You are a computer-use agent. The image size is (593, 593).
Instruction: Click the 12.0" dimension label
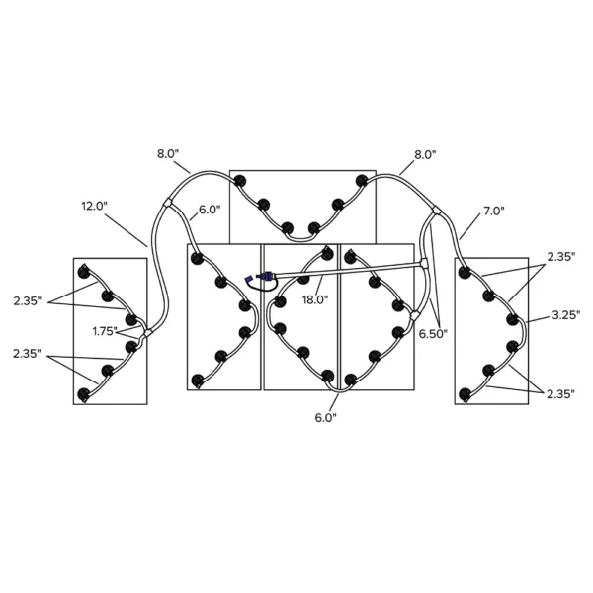(95, 207)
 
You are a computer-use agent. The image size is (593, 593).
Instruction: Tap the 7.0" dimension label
(494, 212)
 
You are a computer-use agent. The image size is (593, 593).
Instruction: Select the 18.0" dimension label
(315, 299)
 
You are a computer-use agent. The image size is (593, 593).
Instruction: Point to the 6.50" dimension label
(433, 334)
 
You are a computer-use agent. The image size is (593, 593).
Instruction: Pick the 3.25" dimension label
(565, 315)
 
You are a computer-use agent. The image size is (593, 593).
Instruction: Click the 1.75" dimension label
(105, 331)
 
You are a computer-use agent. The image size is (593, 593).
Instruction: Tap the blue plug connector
(264, 276)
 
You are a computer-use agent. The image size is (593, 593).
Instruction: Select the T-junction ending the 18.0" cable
(424, 263)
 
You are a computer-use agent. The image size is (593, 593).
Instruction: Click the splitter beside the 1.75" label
(146, 333)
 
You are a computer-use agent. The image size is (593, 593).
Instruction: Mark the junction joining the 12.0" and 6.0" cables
(168, 203)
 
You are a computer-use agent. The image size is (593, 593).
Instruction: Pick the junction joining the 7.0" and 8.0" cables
(437, 211)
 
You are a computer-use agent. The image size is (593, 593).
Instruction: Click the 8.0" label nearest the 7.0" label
(425, 155)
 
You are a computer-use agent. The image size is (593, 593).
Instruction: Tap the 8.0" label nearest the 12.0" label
(168, 154)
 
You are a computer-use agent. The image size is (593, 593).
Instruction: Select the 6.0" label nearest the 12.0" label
(210, 210)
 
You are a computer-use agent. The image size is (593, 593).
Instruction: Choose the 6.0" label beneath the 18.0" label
(325, 418)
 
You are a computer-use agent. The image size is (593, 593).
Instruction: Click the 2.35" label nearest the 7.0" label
(561, 257)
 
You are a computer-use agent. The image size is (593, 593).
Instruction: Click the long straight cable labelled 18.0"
(347, 268)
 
